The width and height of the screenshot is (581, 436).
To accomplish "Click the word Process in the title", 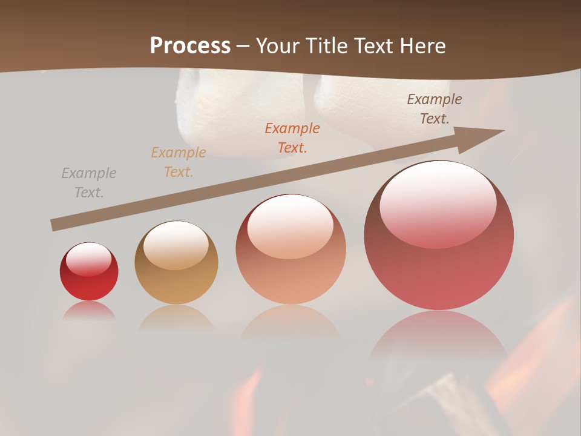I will click(x=190, y=46).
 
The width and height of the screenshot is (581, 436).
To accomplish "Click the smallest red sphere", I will click(x=89, y=272).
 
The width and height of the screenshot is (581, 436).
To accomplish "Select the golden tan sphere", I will click(x=176, y=263).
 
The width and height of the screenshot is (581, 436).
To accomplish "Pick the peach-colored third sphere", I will click(x=290, y=249).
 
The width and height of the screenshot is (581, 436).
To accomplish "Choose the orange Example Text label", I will click(x=292, y=138).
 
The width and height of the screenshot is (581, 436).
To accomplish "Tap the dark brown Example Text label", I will click(x=435, y=109).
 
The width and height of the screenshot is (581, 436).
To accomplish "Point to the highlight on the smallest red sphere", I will click(x=89, y=260).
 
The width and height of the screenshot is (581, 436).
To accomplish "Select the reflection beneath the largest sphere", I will click(x=439, y=339).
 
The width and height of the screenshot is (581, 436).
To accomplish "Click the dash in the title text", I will click(x=243, y=47).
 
